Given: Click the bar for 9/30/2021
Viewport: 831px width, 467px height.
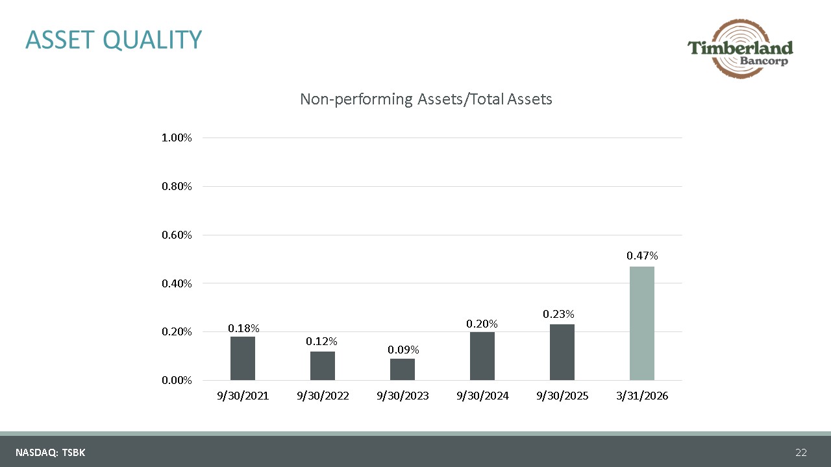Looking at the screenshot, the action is click(243, 358).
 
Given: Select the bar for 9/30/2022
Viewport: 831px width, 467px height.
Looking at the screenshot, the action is click(323, 365).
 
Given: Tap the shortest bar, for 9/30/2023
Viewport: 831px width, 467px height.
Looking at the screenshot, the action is click(403, 369).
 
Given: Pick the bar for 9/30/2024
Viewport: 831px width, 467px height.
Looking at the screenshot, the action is click(482, 356).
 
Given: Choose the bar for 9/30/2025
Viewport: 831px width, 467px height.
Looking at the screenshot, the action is click(562, 352).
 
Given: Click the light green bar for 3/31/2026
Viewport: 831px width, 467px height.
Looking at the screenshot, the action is click(642, 323).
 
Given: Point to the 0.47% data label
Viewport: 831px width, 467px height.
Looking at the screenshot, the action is click(642, 256).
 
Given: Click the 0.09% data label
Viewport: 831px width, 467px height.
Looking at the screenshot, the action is click(403, 350).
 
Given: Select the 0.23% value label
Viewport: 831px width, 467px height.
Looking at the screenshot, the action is click(558, 314).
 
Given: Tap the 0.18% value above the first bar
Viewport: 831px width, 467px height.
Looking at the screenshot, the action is click(243, 328).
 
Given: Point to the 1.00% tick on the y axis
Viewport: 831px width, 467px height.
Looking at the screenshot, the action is click(177, 138).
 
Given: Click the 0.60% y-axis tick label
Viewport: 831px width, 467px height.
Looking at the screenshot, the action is click(177, 235).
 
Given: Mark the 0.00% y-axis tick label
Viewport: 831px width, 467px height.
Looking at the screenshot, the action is click(177, 380).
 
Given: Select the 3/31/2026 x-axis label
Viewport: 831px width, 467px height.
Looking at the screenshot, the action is click(642, 396).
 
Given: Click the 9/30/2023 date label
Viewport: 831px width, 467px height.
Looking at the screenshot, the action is click(403, 396).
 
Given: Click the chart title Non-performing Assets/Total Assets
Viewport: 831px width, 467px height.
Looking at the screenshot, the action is click(426, 99).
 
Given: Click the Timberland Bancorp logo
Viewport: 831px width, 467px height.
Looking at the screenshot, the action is click(741, 49).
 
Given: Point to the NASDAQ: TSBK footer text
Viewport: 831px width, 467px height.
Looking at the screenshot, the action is click(51, 453).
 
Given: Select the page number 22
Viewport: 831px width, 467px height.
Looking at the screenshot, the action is click(801, 453).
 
